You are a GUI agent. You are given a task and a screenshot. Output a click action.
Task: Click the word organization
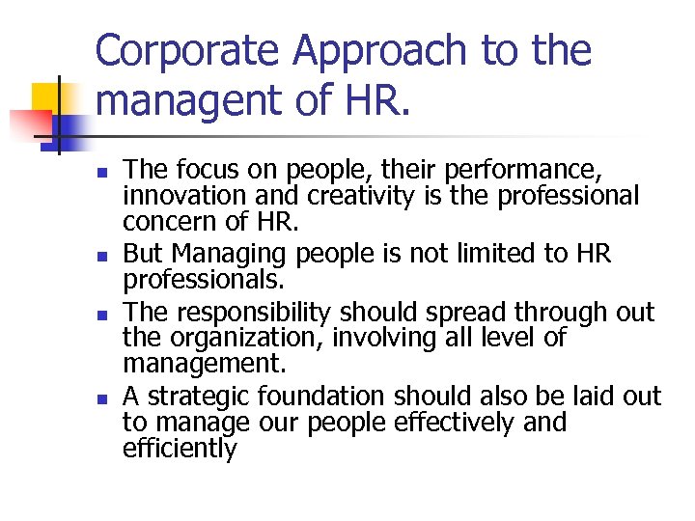click(x=242, y=339)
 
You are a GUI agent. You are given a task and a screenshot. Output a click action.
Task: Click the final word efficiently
click(x=180, y=449)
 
